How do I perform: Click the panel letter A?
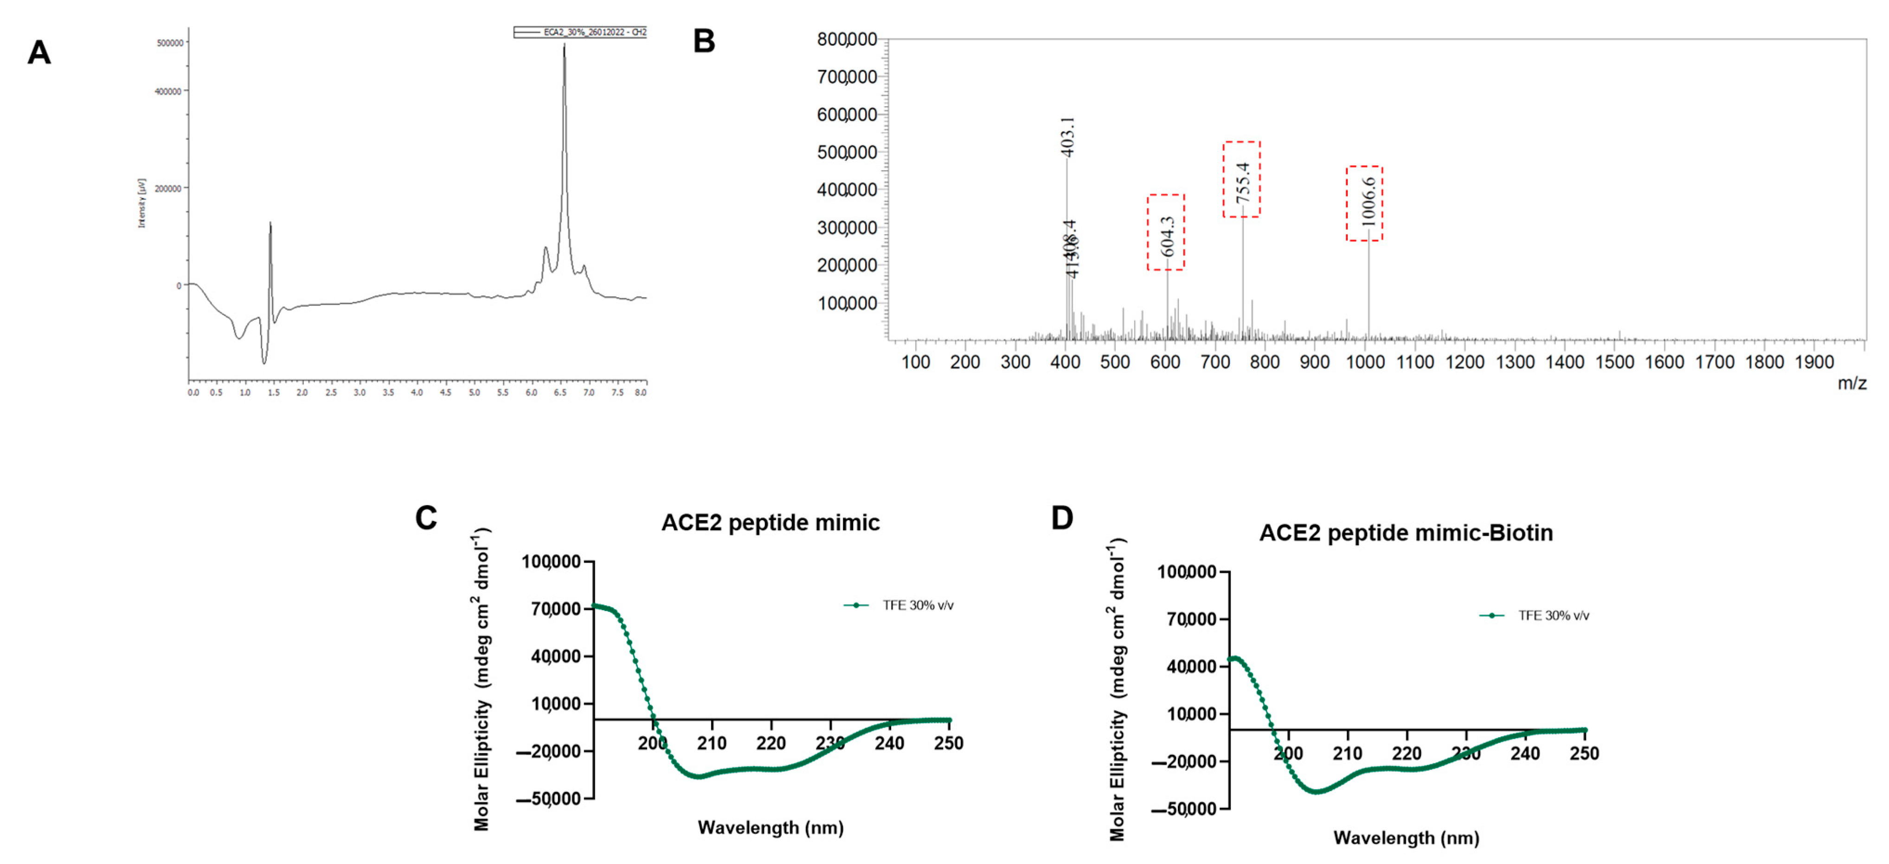pyautogui.click(x=39, y=53)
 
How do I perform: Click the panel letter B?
pyautogui.click(x=704, y=41)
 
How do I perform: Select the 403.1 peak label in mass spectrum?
pyautogui.click(x=1068, y=137)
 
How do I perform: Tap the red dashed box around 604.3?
pyautogui.click(x=1166, y=232)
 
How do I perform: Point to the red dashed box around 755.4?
pyautogui.click(x=1241, y=179)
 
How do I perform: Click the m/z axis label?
pyautogui.click(x=1851, y=383)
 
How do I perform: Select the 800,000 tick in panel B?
pyautogui.click(x=847, y=39)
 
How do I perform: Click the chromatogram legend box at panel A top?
pyautogui.click(x=580, y=32)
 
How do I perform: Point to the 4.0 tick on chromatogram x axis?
pyautogui.click(x=417, y=393)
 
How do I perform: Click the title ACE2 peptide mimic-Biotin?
pyautogui.click(x=1406, y=533)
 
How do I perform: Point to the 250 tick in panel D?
pyautogui.click(x=1584, y=753)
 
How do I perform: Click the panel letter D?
pyautogui.click(x=1062, y=518)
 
